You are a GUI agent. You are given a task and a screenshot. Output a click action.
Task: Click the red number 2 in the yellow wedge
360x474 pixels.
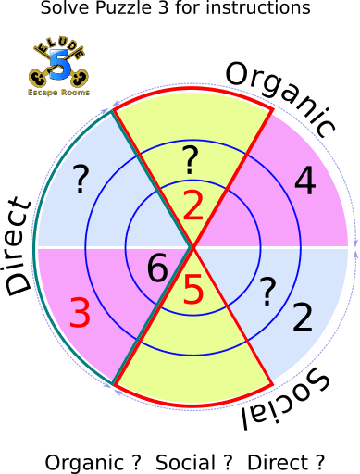(192, 206)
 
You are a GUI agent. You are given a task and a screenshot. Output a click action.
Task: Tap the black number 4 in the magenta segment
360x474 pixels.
(304, 181)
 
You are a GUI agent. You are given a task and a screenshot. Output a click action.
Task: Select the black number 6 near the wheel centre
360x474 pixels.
(157, 269)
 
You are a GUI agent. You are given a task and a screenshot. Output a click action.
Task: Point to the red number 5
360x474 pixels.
(192, 291)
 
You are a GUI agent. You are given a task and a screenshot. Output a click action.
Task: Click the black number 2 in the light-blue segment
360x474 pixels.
(302, 318)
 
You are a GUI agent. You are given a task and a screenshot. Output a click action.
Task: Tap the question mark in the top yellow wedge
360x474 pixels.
(190, 159)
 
